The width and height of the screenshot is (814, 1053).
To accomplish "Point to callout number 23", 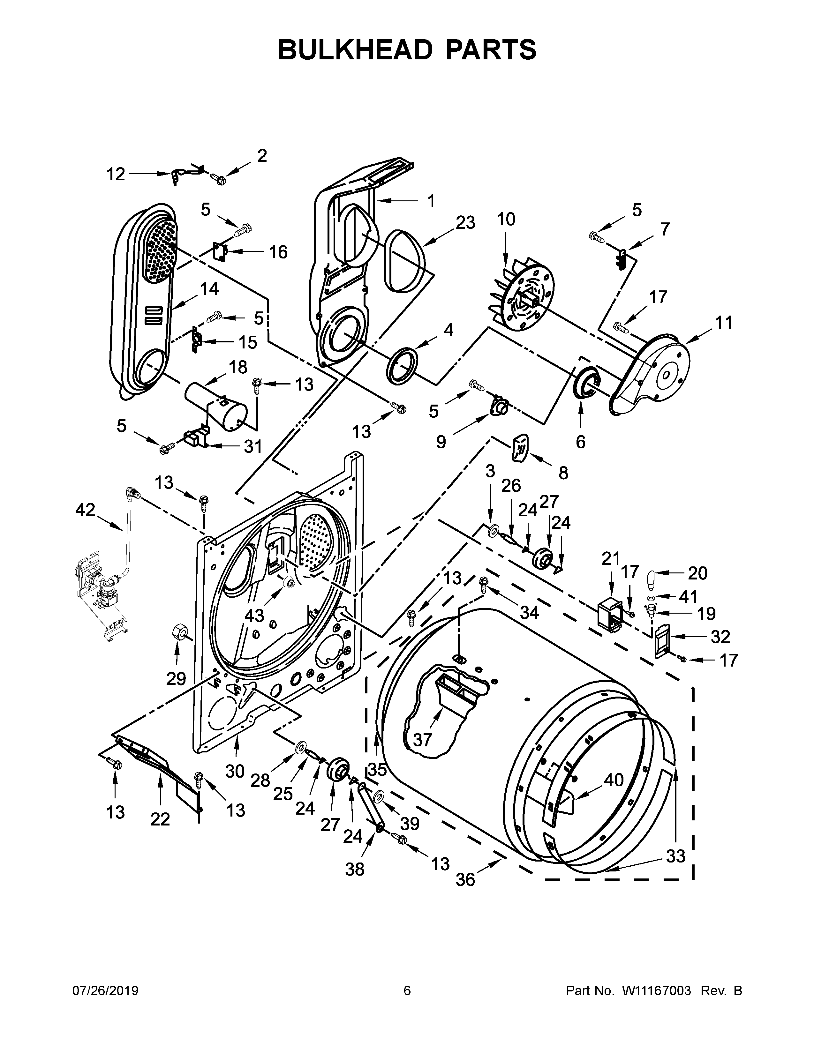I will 465,222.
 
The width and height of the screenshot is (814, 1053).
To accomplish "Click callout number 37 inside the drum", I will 422,739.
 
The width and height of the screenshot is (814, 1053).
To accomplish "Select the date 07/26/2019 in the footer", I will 105,990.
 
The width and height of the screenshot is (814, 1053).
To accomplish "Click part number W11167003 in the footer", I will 657,990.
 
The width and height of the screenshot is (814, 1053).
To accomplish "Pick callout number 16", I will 278,252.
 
